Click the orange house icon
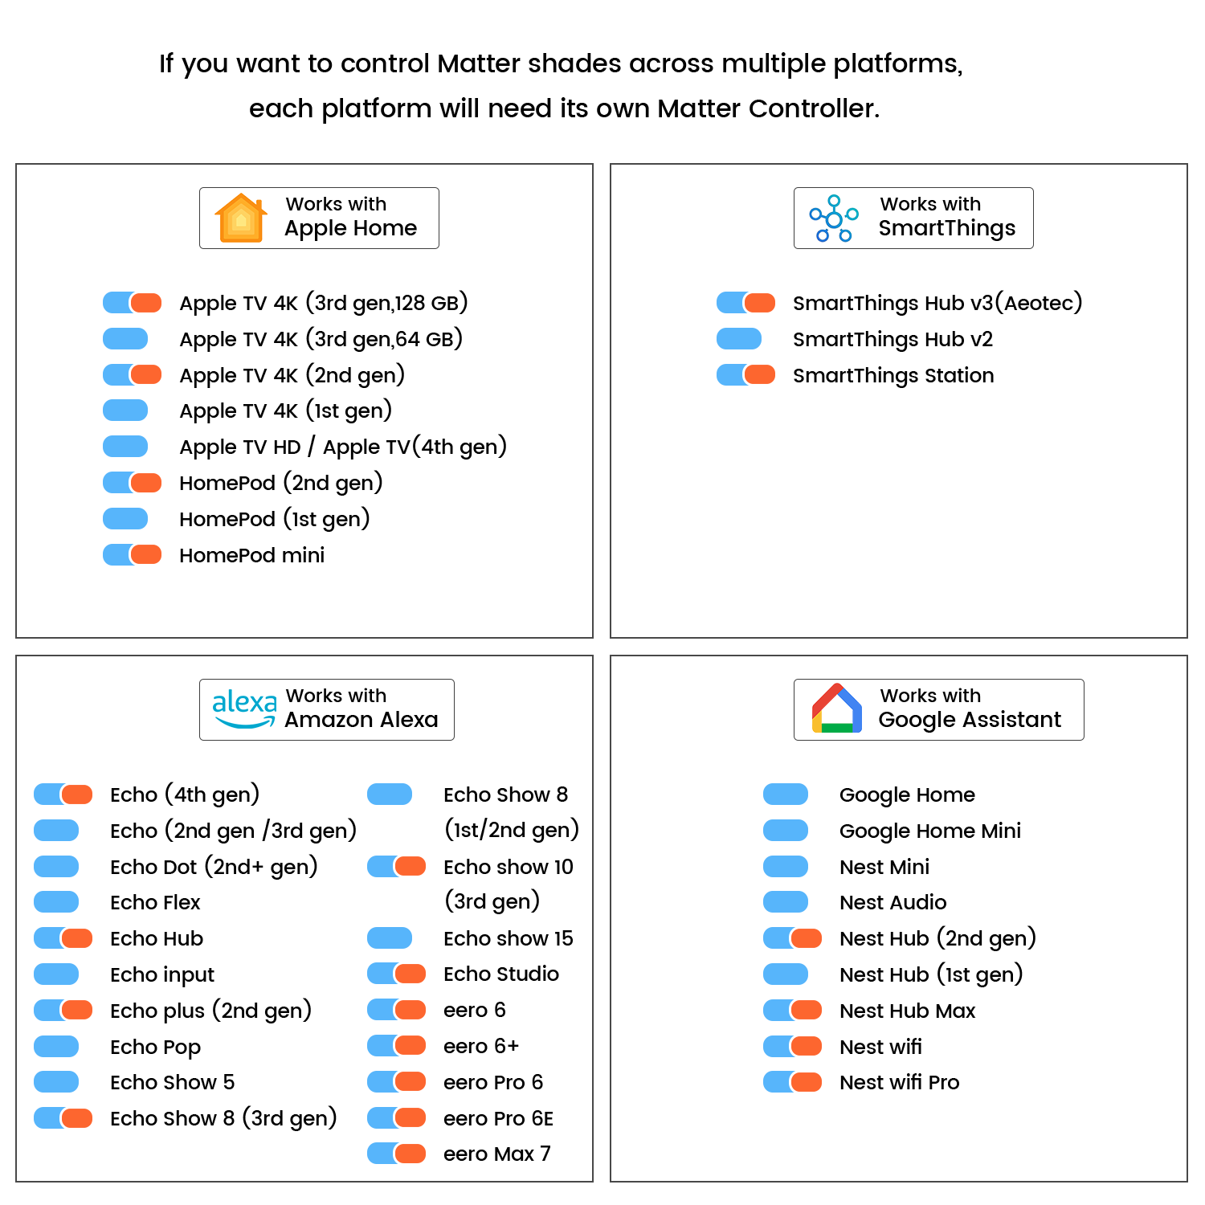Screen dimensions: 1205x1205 [x=240, y=218]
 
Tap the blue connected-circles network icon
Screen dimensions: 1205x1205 [x=833, y=218]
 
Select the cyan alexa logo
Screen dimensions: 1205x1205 [x=244, y=709]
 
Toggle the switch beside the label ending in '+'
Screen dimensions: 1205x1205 [x=398, y=1045]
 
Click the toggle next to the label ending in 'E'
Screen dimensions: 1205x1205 [x=398, y=1117]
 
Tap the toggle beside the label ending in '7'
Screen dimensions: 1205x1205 [x=398, y=1153]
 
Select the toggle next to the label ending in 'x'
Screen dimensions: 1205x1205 [x=794, y=1010]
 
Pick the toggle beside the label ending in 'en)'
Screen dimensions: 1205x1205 [x=133, y=482]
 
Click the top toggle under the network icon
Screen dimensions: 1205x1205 [x=747, y=302]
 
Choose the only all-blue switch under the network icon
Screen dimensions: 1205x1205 [x=739, y=338]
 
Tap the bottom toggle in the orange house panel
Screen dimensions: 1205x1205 [x=133, y=554]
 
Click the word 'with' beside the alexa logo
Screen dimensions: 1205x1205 [x=368, y=696]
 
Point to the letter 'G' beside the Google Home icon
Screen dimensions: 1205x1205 [x=884, y=720]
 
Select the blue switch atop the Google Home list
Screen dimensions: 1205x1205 [x=786, y=794]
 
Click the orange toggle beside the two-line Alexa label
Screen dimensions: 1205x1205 [x=398, y=866]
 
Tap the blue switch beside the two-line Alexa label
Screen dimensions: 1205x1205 [x=390, y=794]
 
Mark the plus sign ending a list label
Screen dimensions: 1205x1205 [x=513, y=1045]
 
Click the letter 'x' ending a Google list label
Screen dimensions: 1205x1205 [x=970, y=1011]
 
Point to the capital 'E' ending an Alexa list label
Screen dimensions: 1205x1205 [x=547, y=1118]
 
